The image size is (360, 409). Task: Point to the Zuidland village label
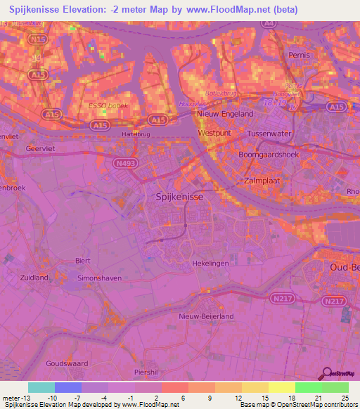[x=34, y=278]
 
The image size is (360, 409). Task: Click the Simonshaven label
[x=99, y=278]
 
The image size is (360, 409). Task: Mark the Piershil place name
[x=148, y=371]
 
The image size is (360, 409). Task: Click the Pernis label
[x=300, y=54]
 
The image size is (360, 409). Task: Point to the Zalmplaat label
[x=265, y=181]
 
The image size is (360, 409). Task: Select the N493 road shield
[x=126, y=163]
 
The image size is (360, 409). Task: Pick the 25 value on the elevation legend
[x=344, y=397]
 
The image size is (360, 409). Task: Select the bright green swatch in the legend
[x=309, y=387]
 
